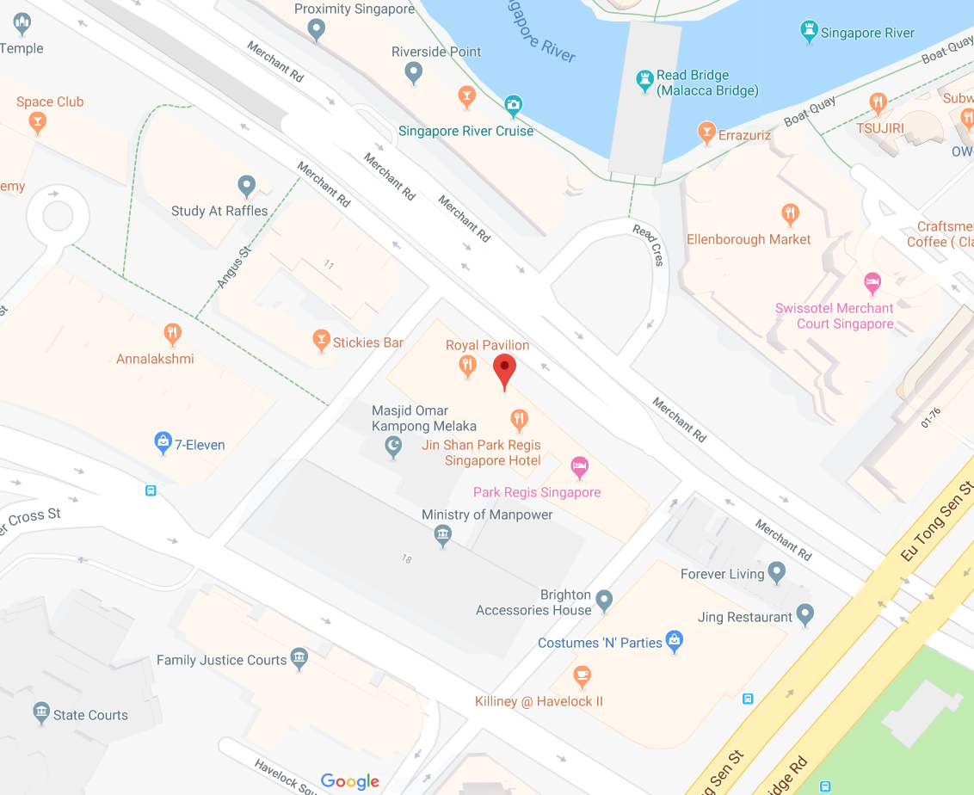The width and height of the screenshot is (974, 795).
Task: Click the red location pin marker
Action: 504,371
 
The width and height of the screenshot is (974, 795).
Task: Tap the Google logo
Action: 350,781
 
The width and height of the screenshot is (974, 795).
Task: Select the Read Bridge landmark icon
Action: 644,82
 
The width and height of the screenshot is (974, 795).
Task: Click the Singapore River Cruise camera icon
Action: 513,106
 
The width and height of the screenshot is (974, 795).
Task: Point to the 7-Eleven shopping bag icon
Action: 163,443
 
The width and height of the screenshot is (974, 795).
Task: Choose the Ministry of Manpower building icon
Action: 442,535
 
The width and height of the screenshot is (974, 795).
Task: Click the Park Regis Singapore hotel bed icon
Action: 580,467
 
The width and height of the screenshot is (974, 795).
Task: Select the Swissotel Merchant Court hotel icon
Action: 872,281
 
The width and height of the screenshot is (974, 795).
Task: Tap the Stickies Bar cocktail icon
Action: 321,341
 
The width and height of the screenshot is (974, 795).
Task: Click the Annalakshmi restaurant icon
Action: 172,333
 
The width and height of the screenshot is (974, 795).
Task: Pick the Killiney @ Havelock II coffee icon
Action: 583,675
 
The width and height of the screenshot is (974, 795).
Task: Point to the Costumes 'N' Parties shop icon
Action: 675,641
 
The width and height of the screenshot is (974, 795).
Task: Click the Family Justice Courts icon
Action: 299,658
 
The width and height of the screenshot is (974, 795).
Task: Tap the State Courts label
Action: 90,715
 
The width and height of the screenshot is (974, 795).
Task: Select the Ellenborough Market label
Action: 749,239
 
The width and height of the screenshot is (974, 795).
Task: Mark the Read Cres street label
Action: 648,244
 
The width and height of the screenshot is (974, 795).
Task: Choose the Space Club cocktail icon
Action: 37,122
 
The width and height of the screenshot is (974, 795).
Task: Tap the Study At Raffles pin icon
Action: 247,185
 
